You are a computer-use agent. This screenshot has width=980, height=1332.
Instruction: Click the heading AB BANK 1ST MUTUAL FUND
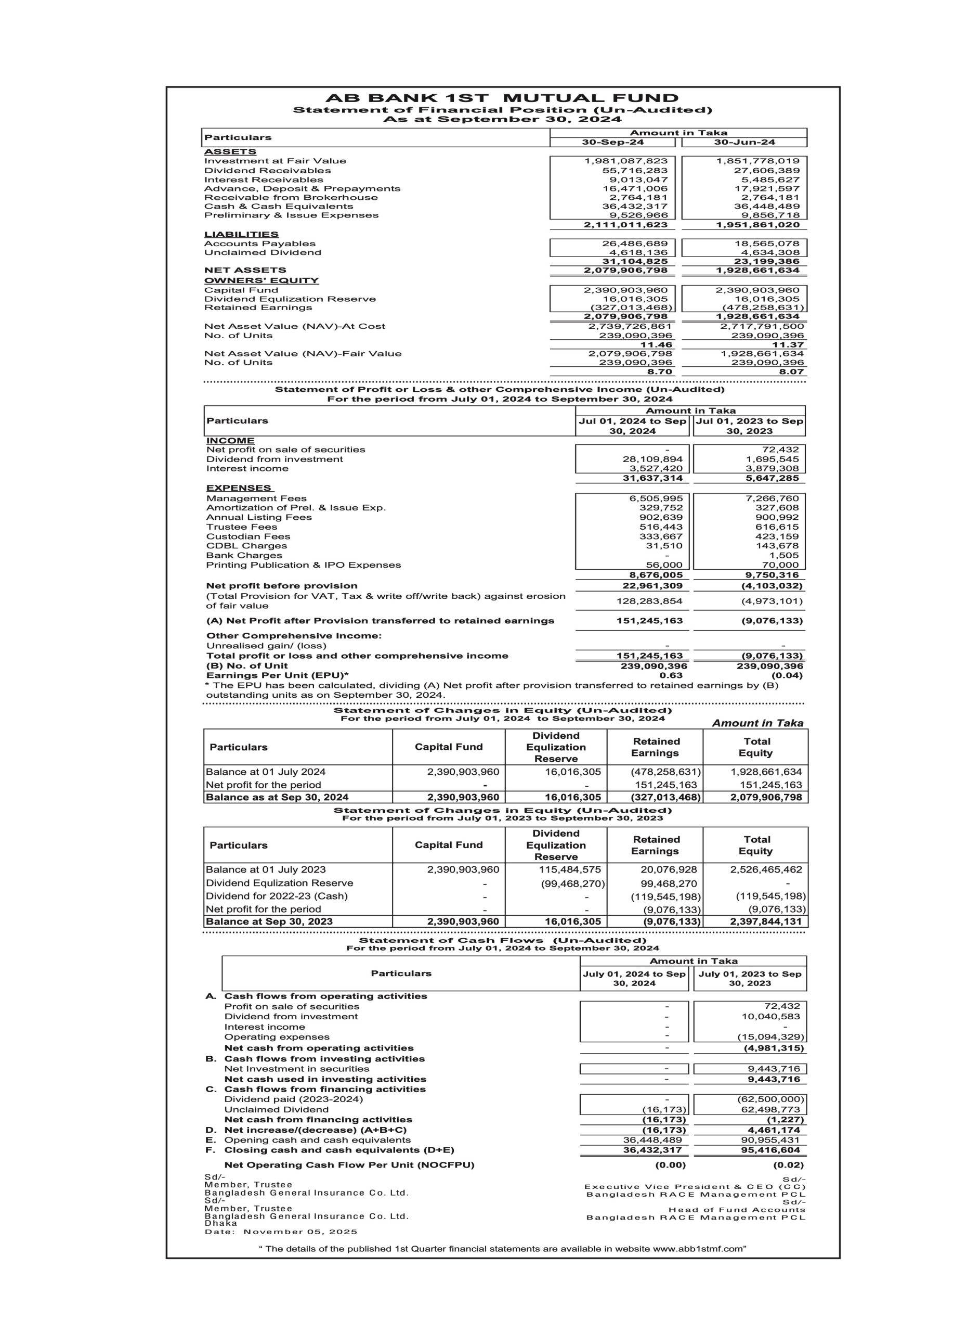(502, 98)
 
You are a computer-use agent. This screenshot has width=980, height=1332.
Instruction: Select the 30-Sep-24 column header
(613, 143)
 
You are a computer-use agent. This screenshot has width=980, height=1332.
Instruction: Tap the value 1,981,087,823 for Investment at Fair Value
(626, 161)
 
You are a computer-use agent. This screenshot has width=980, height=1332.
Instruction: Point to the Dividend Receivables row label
(268, 170)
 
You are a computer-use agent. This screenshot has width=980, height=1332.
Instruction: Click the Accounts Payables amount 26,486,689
(635, 244)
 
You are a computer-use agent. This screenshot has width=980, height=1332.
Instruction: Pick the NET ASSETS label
(245, 270)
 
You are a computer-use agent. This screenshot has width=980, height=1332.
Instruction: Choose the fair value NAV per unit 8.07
(791, 372)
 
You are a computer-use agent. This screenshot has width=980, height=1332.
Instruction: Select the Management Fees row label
(256, 498)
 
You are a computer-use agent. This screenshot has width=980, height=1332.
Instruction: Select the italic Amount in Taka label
(757, 723)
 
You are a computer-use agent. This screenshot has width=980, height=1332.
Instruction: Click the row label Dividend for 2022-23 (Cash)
(277, 896)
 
